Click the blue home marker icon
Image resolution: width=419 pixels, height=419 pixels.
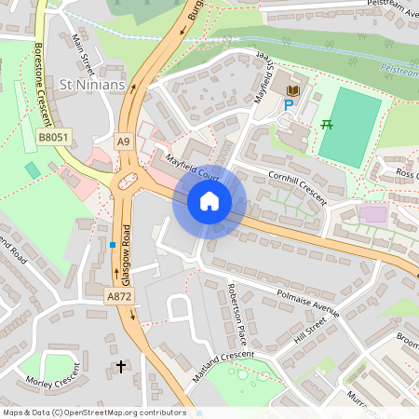tap(209, 201)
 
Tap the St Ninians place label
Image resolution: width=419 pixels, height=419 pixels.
tap(90, 85)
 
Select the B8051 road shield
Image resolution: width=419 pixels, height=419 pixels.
tap(52, 137)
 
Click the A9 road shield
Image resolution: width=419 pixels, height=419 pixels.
tap(124, 141)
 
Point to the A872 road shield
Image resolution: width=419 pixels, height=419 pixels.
tap(119, 296)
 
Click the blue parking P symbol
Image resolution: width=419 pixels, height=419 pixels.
tap(288, 106)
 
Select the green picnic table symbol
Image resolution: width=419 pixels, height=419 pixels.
tap(327, 125)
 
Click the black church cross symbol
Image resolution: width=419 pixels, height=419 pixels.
tap(120, 367)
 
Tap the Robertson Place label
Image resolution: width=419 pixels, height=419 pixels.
tap(237, 312)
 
